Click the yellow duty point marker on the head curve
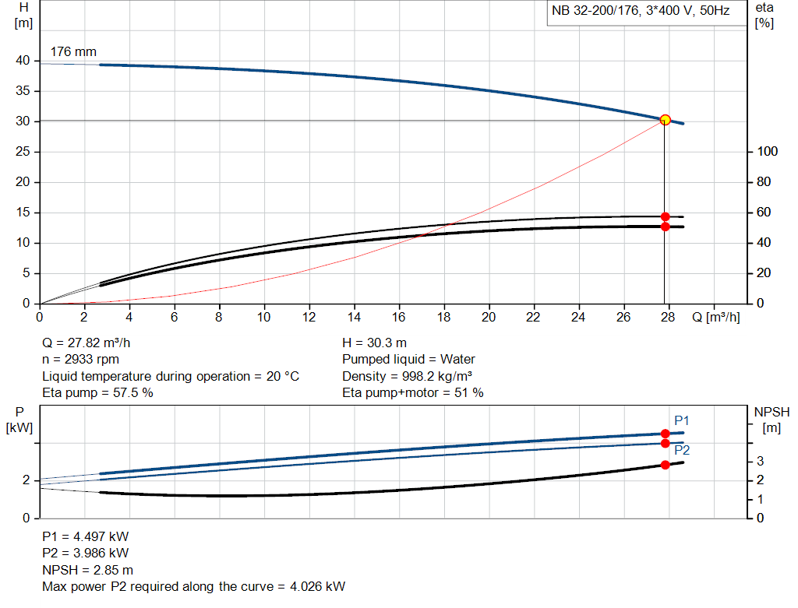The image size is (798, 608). [665, 120]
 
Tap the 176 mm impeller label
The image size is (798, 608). [73, 52]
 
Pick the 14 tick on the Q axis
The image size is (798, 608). [355, 318]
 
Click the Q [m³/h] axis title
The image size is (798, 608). [715, 318]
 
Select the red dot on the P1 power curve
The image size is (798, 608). [665, 434]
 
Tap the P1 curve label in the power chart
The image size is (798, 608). [682, 420]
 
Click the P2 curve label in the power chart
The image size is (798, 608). [682, 450]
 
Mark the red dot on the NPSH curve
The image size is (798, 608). [665, 465]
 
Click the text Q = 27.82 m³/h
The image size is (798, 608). [92, 343]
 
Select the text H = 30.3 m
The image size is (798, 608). [374, 343]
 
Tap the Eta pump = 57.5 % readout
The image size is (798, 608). [97, 393]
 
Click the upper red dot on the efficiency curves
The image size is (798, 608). [665, 216]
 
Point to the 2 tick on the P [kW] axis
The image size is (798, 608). [25, 480]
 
